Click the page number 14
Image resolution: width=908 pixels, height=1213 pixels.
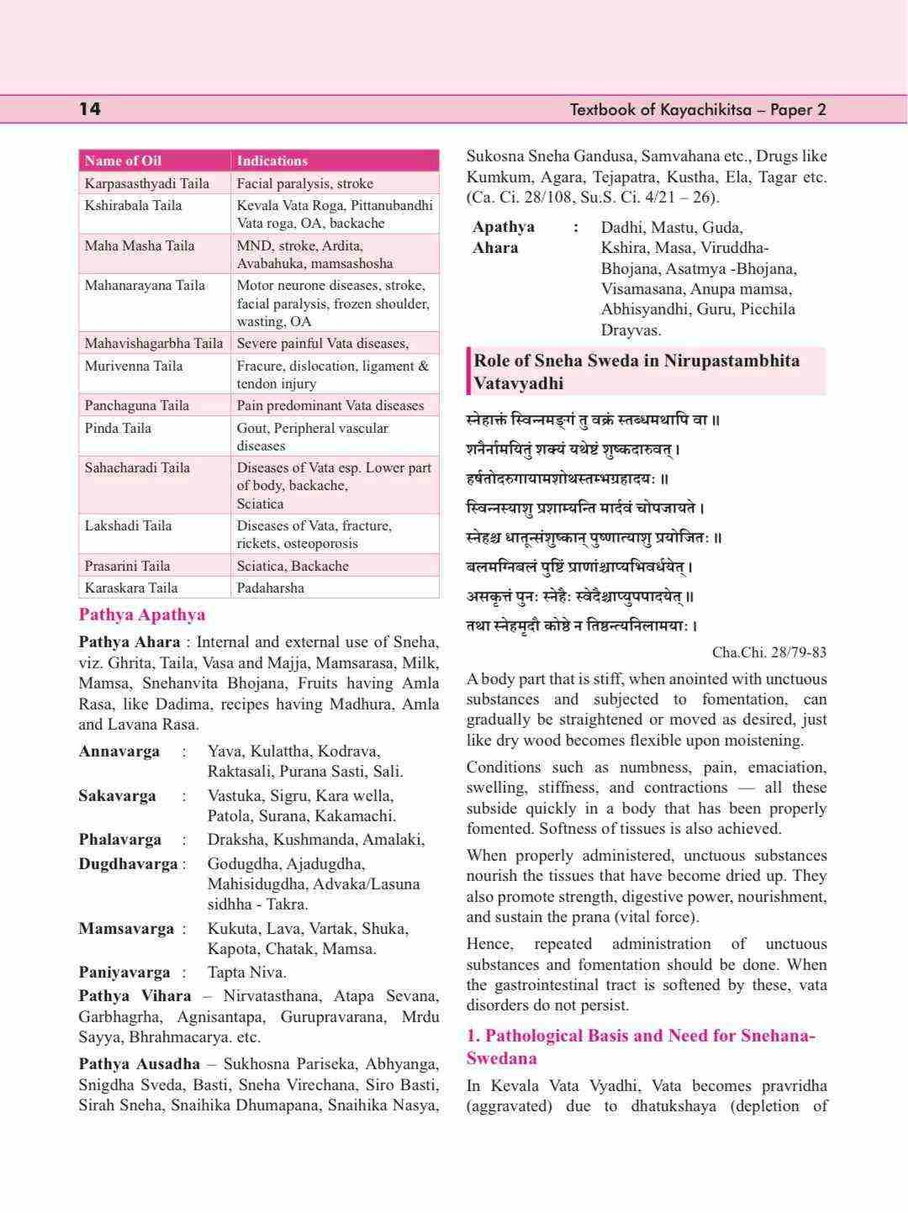(90, 109)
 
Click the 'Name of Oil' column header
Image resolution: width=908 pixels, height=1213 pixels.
(123, 161)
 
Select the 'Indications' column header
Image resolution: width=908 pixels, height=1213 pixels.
(272, 161)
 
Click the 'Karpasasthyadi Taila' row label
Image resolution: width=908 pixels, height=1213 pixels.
(146, 183)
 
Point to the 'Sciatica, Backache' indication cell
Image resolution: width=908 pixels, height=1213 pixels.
(293, 566)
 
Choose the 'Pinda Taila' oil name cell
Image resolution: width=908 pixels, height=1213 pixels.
(118, 428)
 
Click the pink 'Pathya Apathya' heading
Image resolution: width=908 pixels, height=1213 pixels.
(141, 614)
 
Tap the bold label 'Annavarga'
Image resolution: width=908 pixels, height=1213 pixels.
(119, 752)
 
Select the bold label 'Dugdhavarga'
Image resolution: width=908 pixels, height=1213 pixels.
(128, 864)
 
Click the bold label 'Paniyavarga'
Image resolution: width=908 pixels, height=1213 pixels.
(124, 973)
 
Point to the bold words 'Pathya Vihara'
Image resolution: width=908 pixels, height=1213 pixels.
(135, 996)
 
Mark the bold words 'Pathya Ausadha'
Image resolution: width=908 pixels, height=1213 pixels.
(139, 1064)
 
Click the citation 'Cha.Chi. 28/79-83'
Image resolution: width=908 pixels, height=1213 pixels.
(768, 652)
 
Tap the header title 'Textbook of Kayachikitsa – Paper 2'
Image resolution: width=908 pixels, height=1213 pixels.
(698, 109)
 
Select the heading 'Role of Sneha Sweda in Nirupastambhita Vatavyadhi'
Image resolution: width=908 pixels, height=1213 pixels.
(636, 372)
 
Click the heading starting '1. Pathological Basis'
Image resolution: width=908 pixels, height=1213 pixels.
(641, 1047)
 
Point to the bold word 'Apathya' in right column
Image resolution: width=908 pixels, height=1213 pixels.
(503, 227)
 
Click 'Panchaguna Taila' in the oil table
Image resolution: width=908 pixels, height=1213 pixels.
(136, 405)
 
